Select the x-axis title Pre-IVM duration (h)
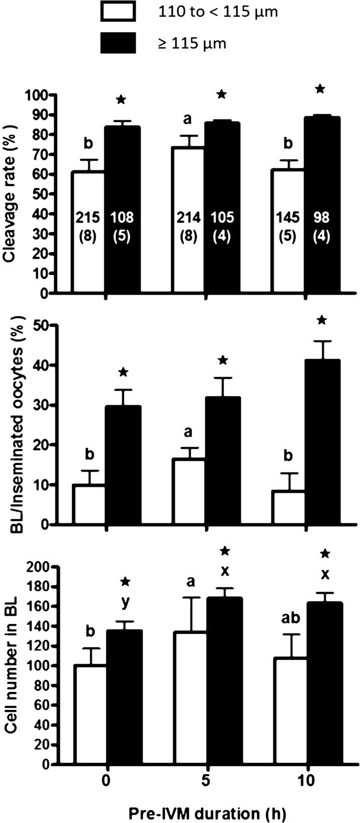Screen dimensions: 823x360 click(x=206, y=811)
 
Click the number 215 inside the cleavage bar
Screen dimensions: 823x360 click(x=88, y=218)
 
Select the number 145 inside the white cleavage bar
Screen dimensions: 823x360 click(x=288, y=218)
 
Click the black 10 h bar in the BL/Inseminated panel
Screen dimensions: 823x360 click(x=323, y=442)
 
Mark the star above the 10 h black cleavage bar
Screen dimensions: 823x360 click(x=321, y=89)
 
